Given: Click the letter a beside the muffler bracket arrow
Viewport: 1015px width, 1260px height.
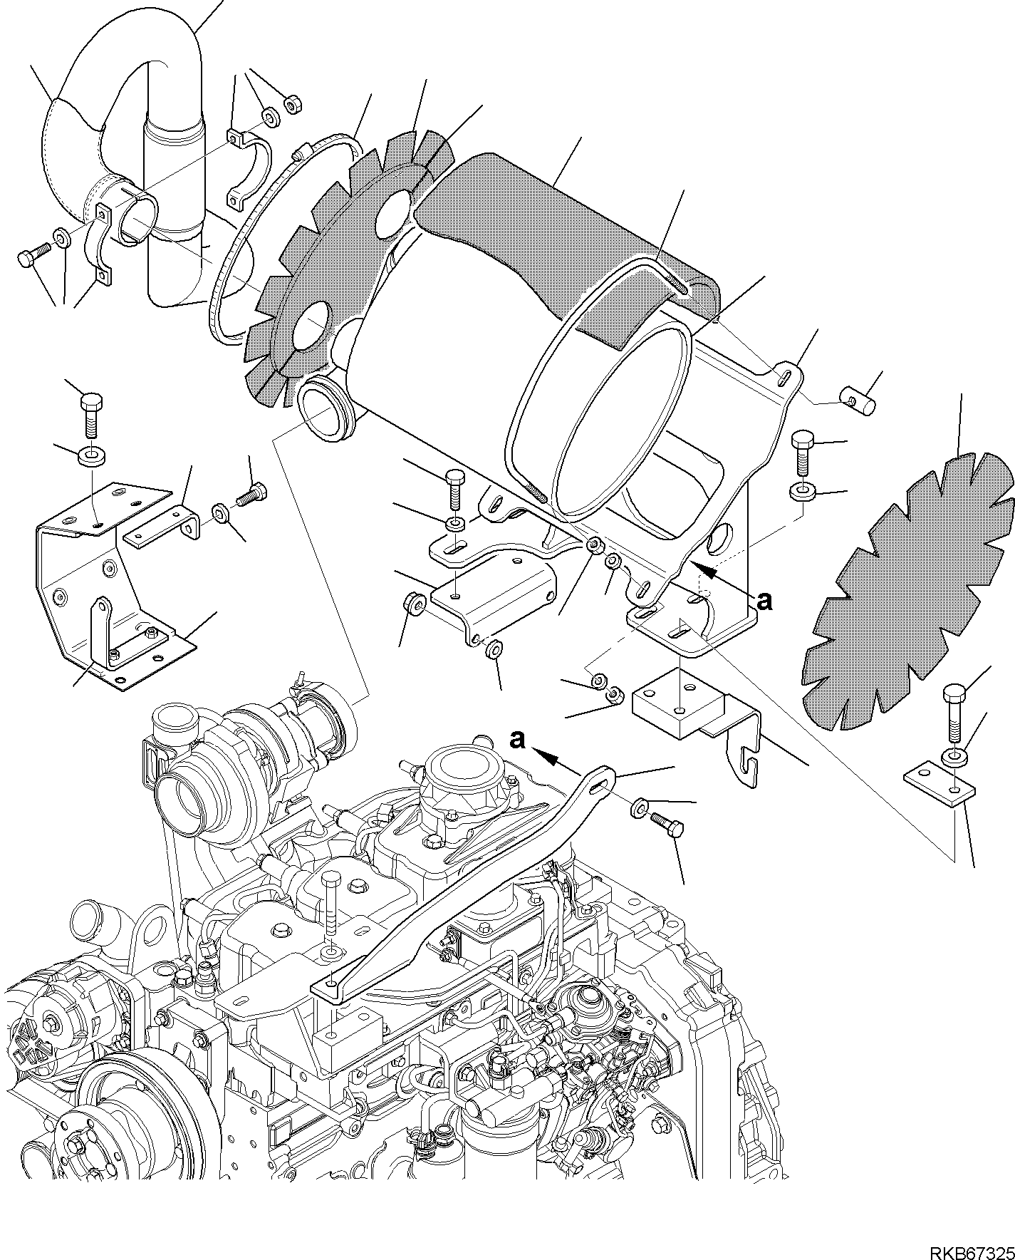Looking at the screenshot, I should (764, 601).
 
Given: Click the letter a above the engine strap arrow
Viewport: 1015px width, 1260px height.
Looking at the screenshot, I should (517, 740).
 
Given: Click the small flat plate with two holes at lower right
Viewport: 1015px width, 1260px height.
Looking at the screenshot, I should (939, 782).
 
